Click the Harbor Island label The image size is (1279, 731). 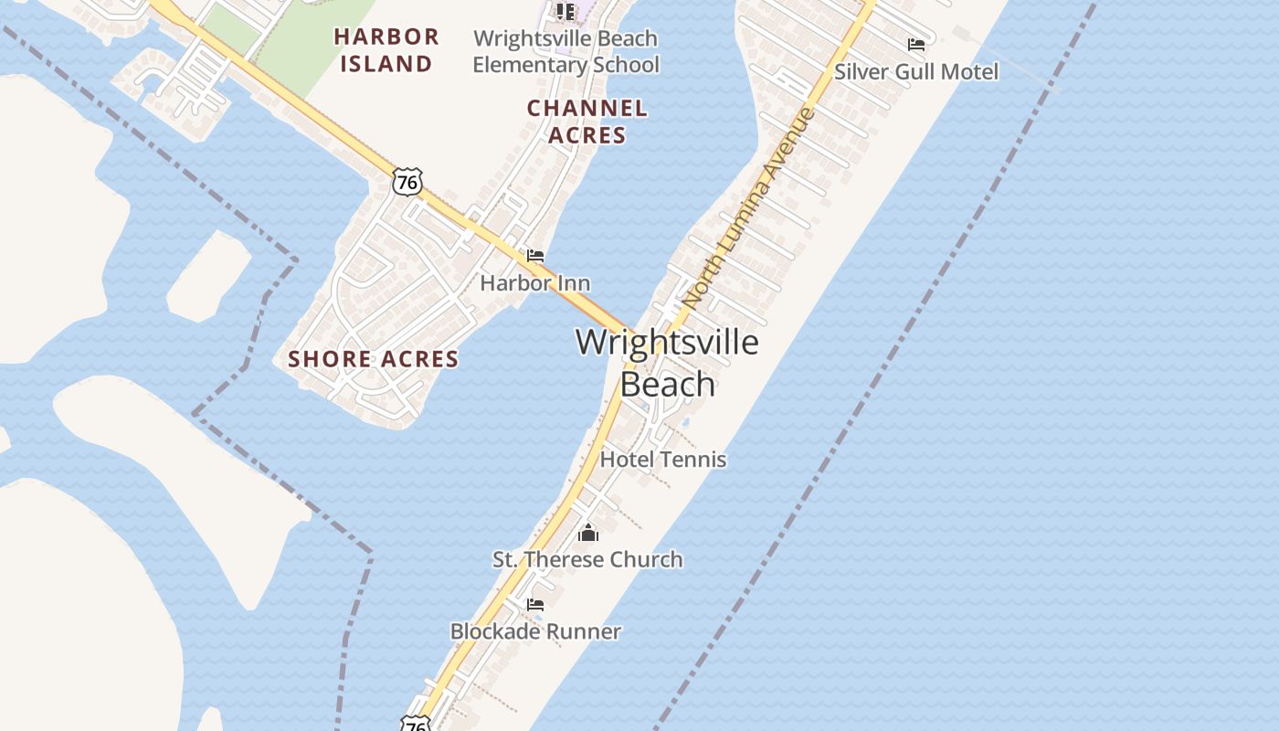coord(386,50)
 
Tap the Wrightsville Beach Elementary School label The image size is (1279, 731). coord(566,52)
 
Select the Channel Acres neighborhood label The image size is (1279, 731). coord(587,122)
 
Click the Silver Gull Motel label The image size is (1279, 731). coord(916,71)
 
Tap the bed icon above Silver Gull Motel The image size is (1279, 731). coord(916,44)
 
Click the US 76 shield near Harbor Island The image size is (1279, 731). coord(407,182)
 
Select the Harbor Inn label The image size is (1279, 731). coord(535,283)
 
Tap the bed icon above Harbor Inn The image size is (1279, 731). coord(535,256)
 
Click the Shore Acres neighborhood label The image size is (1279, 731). coord(374,359)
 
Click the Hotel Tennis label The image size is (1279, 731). coord(663,460)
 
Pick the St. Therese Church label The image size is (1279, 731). coord(587,559)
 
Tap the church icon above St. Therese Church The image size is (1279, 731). coord(588,533)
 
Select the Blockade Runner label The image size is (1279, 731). coord(535,631)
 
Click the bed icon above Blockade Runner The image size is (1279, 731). coord(535,604)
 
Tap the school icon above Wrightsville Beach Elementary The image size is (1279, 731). coord(566,11)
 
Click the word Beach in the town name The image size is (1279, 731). coord(667,385)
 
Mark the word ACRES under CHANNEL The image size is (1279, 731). coord(587,135)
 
